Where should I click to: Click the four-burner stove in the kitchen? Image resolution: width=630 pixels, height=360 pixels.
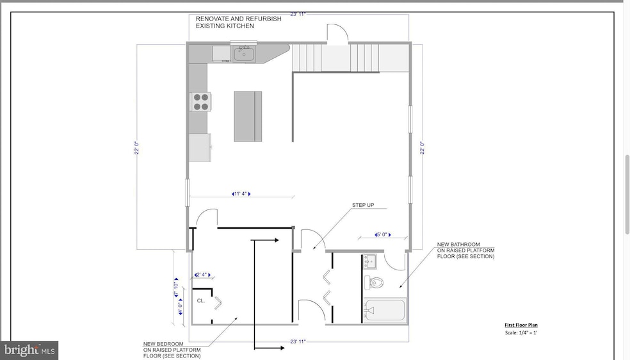(x=200, y=102)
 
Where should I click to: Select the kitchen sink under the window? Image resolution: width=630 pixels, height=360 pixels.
(x=243, y=54)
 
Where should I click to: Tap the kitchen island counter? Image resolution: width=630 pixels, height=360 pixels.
(x=248, y=116)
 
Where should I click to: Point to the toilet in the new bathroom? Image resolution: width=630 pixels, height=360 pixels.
(x=375, y=282)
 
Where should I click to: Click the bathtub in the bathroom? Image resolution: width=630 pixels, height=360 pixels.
(x=384, y=310)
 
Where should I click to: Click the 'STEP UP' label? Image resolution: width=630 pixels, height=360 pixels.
(x=363, y=206)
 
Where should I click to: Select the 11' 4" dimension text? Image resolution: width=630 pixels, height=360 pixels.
(x=240, y=193)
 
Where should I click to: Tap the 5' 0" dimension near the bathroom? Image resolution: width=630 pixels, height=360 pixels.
(x=388, y=235)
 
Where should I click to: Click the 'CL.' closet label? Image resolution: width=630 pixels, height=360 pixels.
(x=200, y=300)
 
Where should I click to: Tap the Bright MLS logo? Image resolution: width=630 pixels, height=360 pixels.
(x=30, y=350)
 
